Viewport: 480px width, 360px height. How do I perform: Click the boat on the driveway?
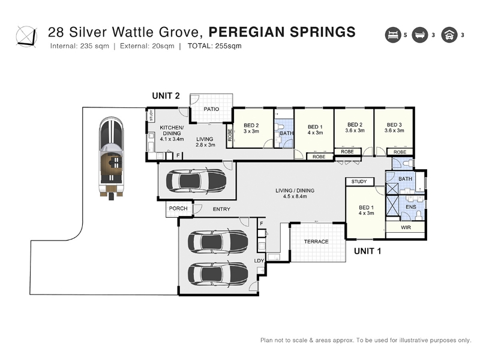pos(111,158)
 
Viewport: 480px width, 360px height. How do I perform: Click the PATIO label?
pos(211,109)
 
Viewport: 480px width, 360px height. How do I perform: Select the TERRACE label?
pos(316,242)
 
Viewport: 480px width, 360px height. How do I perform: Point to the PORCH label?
pos(178,208)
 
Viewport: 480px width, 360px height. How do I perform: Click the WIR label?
pos(406,227)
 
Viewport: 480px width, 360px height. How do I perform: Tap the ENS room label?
pos(411,207)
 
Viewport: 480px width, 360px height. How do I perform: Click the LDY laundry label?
pos(259,261)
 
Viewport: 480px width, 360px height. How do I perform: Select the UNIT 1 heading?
pos(367,251)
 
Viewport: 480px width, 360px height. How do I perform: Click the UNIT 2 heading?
pos(166,96)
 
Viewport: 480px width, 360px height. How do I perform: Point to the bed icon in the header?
pos(393,35)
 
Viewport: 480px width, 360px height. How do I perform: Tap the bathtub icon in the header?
pos(419,35)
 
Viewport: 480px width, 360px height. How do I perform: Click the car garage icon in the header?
pos(449,35)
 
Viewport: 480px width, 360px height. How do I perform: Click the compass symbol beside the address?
pos(26,37)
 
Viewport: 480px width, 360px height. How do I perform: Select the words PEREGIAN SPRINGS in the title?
pos(282,32)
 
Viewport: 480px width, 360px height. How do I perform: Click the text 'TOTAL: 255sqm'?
pos(215,46)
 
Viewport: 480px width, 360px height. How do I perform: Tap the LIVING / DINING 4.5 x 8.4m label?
pos(295,193)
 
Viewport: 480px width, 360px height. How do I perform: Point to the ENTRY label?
pos(221,209)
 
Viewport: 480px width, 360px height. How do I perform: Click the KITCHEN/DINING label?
pos(172,130)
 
